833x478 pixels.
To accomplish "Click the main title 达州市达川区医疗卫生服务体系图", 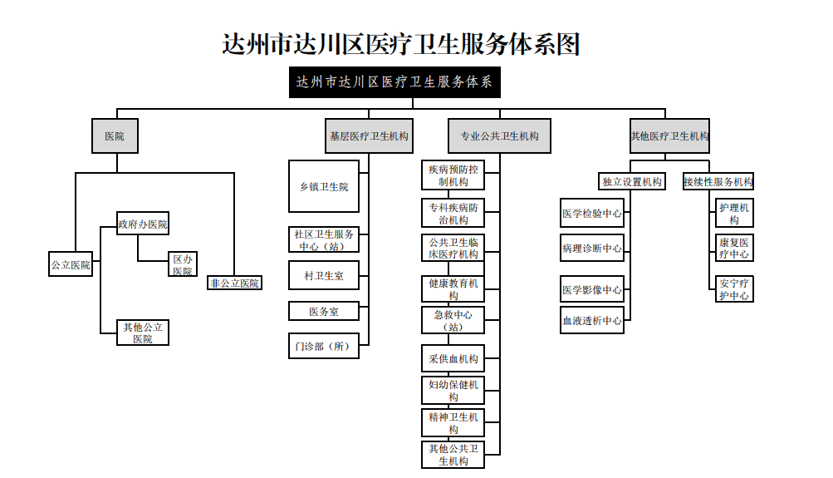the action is tap(400, 44).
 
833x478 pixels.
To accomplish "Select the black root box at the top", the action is tap(394, 81).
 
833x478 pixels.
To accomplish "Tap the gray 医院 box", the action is tap(115, 136).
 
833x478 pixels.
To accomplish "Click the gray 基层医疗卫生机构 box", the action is tap(369, 136).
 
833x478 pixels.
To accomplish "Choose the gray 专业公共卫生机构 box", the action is tap(499, 136).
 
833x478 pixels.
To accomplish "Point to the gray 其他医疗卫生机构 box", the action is tap(669, 136).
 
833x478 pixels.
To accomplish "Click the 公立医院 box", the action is tap(71, 264).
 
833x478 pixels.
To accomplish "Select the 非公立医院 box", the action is tap(234, 283).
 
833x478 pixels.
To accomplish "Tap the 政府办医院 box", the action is tap(143, 224).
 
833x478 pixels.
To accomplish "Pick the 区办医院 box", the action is tap(183, 264).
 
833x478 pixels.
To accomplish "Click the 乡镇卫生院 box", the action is tap(324, 186).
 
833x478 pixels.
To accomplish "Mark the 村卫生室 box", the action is tap(324, 275).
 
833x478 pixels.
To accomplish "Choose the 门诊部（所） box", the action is tap(324, 346).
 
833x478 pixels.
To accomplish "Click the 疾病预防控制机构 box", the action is tap(453, 175).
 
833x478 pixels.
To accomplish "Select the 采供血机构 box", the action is tap(453, 359).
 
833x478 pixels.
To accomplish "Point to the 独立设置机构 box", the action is tap(632, 181).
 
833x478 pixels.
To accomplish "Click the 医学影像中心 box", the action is tap(592, 290).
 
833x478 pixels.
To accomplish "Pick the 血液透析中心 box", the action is tap(592, 321).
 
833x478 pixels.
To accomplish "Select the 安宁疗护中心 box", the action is tap(734, 289).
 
